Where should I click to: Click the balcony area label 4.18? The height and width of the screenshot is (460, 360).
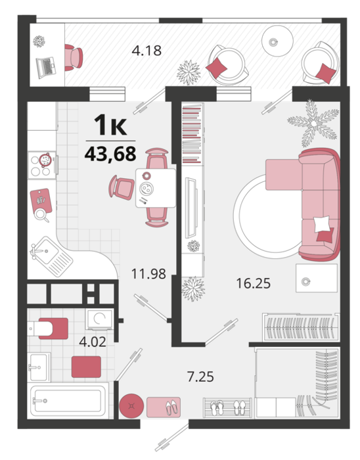coord(146,51)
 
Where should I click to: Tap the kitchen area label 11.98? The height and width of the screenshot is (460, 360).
coord(148,274)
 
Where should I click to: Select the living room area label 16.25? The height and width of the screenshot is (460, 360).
coord(254,283)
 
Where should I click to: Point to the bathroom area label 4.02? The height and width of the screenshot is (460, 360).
coord(93,342)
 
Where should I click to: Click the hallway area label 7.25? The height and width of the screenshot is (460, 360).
coord(200,377)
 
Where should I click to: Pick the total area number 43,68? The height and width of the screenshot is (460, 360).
coord(110,154)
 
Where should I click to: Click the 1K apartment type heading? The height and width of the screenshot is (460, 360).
coord(110,125)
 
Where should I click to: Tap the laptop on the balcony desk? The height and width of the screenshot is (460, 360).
coord(46,68)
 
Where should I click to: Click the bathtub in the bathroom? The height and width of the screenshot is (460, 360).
coord(68,400)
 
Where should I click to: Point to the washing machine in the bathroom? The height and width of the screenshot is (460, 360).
coord(99,319)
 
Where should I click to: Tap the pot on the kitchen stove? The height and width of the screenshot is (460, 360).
coord(45,160)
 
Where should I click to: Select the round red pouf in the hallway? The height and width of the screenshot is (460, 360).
coord(131,405)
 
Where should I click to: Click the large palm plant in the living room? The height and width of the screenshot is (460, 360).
coord(313,124)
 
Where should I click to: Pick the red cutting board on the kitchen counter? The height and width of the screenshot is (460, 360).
coord(41,201)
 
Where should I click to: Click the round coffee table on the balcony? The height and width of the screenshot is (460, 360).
coord(277,41)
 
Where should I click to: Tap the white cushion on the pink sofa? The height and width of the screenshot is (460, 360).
coord(322,225)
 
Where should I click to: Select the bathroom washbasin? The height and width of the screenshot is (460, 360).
coord(39,367)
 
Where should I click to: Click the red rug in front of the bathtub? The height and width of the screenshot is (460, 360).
coord(86,367)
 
